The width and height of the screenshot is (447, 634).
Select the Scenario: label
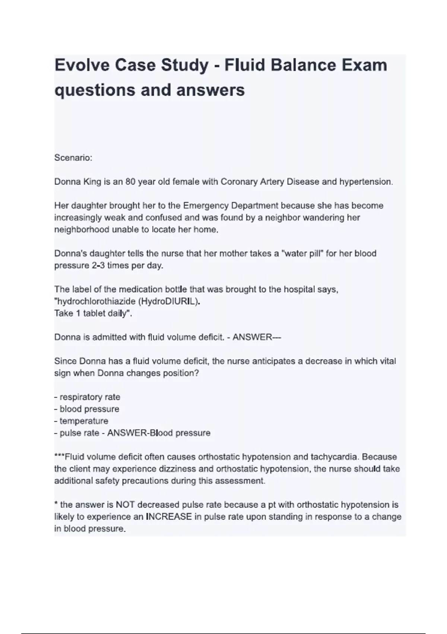pos(73,158)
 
